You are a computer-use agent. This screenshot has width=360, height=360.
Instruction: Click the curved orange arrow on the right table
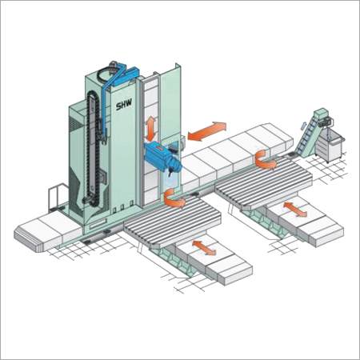pos(264,159)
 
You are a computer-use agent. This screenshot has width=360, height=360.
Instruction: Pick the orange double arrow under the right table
pos(296,210)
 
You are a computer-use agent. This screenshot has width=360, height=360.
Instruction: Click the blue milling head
pos(163,159)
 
